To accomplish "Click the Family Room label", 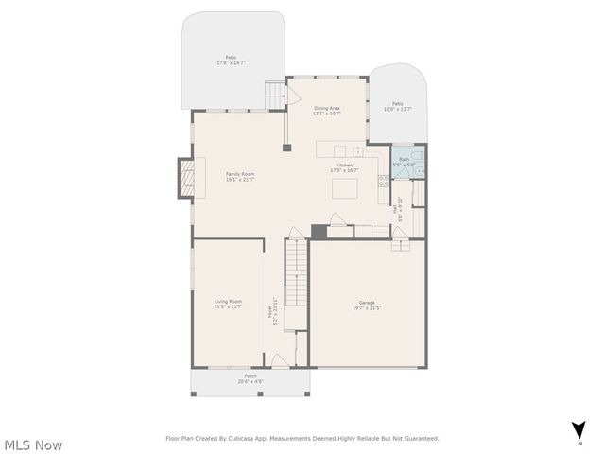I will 240,176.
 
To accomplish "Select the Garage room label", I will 368,306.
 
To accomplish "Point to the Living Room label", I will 228,304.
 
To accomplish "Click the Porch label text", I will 251,378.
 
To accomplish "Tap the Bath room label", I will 405,161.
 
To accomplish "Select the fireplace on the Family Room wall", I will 185,178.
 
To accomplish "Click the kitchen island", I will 343,189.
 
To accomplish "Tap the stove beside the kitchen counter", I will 384,180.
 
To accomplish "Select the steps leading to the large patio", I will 274,96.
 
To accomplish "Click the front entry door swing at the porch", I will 280,360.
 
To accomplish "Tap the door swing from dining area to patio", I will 293,96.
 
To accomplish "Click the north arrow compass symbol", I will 579,430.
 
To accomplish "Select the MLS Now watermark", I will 32,445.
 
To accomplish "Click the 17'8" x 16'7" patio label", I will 231,61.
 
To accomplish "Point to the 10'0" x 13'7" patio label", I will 398,106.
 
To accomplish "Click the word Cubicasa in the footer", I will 249,438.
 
